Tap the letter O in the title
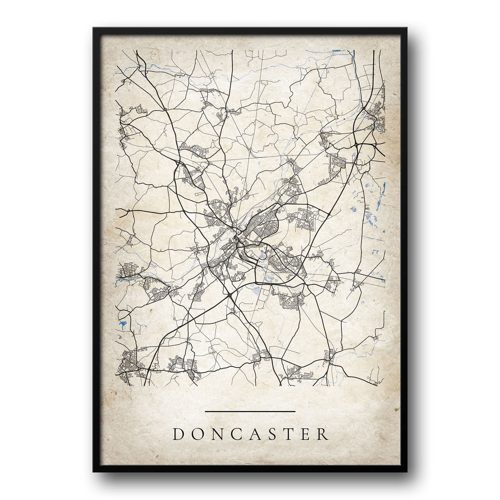pyautogui.click(x=198, y=435)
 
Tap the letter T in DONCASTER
pyautogui.click(x=291, y=435)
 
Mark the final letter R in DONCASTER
pyautogui.click(x=323, y=435)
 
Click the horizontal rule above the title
pyautogui.click(x=250, y=412)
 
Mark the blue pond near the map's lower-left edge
pyautogui.click(x=122, y=323)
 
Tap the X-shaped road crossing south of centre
pyautogui.click(x=230, y=295)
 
